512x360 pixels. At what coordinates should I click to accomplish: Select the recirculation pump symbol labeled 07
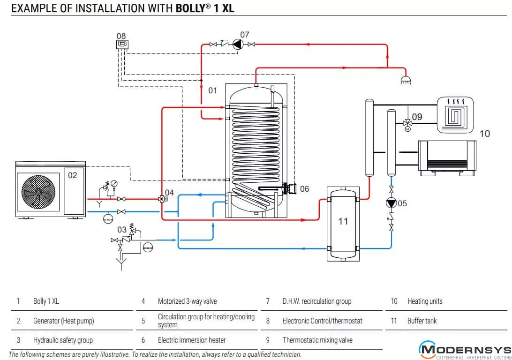238,45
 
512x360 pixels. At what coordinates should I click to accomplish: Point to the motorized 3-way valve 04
162,199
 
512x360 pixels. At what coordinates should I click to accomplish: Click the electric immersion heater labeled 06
289,189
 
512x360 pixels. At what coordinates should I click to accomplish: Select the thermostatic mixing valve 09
407,123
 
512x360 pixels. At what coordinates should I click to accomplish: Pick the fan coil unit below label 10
446,158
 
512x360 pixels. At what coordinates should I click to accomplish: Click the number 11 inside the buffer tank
343,221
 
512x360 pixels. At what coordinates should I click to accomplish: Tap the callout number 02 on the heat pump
72,175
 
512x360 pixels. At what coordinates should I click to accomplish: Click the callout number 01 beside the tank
213,90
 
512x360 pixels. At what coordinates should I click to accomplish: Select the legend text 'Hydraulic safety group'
63,340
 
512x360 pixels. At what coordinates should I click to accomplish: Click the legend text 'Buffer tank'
422,321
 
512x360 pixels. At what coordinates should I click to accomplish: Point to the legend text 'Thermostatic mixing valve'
317,340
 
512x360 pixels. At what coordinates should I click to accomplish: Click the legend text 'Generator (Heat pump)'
63,321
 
